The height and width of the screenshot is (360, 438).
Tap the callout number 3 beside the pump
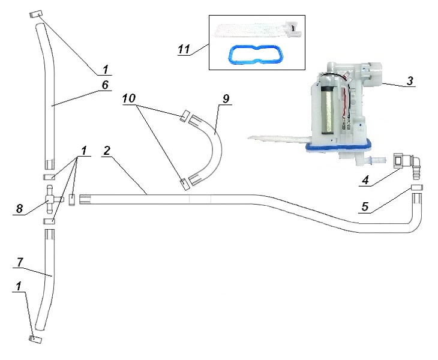pos(410,82)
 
